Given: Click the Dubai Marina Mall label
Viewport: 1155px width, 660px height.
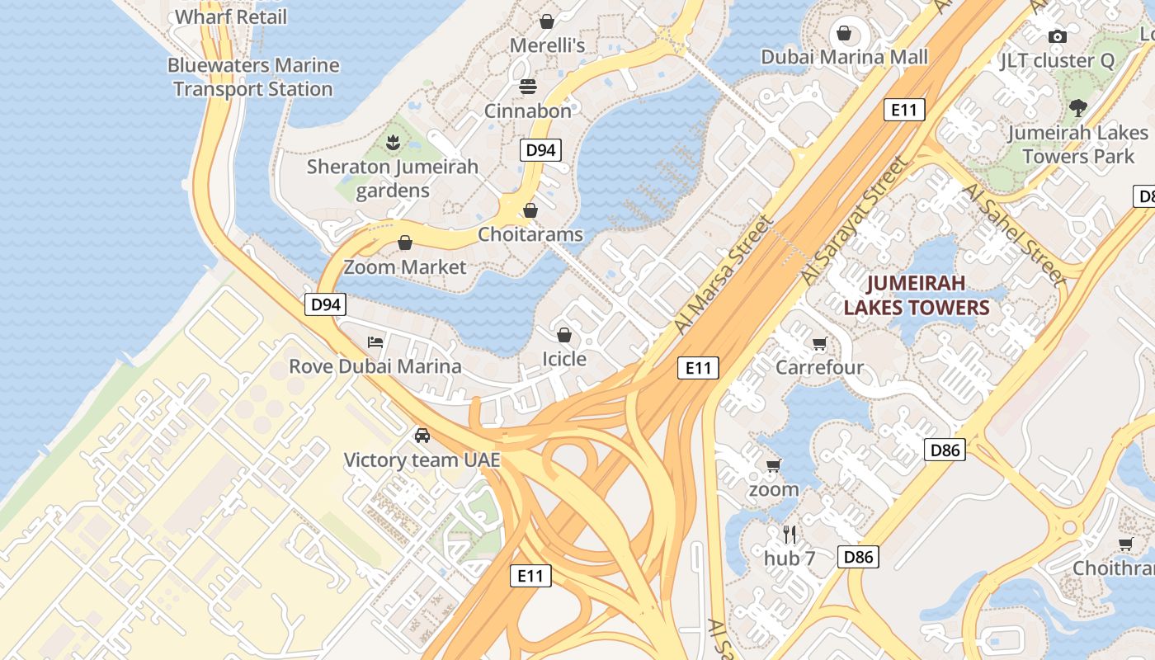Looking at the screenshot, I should pos(844,57).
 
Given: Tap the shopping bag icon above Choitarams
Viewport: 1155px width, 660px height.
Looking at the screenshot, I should pos(530,210).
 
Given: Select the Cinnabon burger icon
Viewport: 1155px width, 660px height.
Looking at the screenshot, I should pos(528,87).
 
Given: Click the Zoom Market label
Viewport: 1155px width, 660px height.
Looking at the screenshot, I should pos(405,266).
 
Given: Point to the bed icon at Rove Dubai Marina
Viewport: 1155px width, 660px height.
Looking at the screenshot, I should pos(375,342).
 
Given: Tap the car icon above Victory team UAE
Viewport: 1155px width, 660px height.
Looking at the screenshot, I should pos(422,435).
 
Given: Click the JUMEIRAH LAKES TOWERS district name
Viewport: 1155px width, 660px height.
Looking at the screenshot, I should pos(916,295).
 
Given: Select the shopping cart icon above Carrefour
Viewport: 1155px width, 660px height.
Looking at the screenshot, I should pos(819,343).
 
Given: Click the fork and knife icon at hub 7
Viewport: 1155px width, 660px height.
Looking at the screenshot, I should pos(790,534).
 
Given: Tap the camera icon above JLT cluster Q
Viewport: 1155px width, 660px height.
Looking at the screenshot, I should pos(1057,36).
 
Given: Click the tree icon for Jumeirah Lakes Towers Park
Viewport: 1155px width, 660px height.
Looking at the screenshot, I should pos(1077,108).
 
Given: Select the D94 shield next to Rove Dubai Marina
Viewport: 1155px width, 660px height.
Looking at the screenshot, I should pos(326,304).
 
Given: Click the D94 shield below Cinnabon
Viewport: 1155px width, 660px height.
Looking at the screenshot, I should pos(541,150).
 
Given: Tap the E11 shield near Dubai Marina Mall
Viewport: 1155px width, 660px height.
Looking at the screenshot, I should pos(904,110).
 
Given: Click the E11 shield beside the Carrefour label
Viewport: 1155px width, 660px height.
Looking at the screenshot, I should pos(698,368).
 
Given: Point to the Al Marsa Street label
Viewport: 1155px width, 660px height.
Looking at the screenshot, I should pos(724,274).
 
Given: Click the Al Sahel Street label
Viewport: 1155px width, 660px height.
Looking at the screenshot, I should pos(1014,234).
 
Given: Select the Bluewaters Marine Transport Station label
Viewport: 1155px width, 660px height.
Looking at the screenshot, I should pos(253,77).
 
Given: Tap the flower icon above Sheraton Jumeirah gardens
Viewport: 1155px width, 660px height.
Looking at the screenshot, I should pos(393,143).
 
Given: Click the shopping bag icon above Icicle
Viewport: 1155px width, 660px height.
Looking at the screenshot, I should pos(564,335).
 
